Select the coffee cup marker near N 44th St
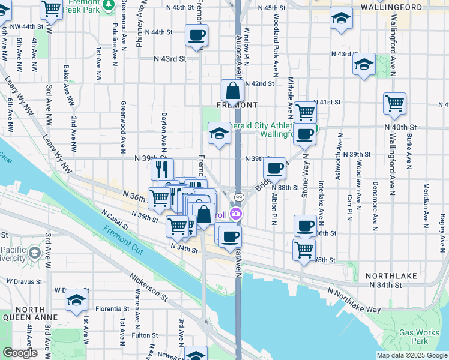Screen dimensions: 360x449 pos(196,35)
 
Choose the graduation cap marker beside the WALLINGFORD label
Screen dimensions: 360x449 pos(341,19)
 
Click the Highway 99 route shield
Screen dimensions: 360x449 pos(238,197)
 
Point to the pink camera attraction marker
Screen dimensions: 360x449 pos(236,213)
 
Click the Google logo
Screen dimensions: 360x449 pos(20,353)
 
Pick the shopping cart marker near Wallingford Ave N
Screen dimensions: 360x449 pos(394,103)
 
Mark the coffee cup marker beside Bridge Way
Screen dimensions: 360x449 pos(274,169)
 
